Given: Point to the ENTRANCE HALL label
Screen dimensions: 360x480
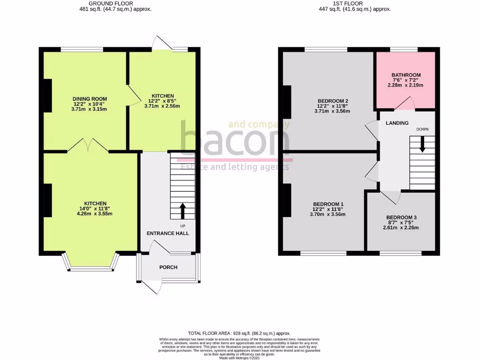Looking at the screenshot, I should (168, 233).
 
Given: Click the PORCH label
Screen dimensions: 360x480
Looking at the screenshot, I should (168, 268).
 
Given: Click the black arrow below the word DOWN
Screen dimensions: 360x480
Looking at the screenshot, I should (422, 144).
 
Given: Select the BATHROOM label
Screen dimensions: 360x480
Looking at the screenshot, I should (406, 75).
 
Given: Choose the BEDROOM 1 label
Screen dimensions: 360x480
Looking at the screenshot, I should (329, 204).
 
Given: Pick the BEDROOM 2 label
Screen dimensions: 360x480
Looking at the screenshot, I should (333, 101).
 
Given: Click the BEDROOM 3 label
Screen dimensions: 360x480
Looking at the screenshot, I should (401, 217).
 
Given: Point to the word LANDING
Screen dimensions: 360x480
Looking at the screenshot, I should (397, 123).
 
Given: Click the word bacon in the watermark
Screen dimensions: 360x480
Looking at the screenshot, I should (234, 139).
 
